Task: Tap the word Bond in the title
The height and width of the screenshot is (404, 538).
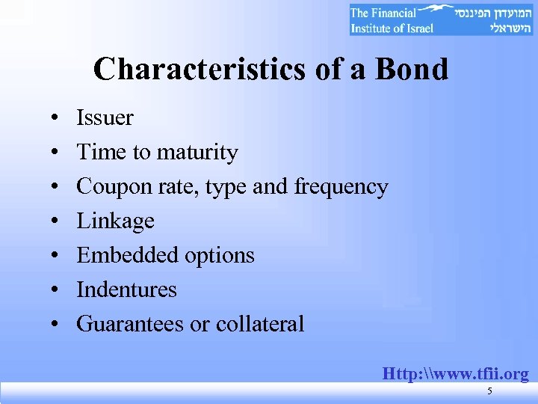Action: [x=412, y=70]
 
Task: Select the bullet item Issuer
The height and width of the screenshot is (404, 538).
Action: [x=105, y=118]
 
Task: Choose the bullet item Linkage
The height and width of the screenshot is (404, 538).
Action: [x=115, y=221]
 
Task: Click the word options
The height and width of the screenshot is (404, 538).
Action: [x=217, y=256]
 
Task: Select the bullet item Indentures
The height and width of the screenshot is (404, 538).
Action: [x=126, y=290]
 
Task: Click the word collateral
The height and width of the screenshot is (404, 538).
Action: [x=260, y=324]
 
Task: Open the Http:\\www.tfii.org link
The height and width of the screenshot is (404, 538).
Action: [x=455, y=373]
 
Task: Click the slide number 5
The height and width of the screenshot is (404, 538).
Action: [x=489, y=392]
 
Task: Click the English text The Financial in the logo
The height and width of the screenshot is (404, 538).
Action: [x=381, y=13]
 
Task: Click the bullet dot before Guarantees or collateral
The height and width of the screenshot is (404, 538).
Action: [x=56, y=325]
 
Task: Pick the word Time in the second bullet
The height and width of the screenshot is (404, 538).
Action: [x=101, y=153]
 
